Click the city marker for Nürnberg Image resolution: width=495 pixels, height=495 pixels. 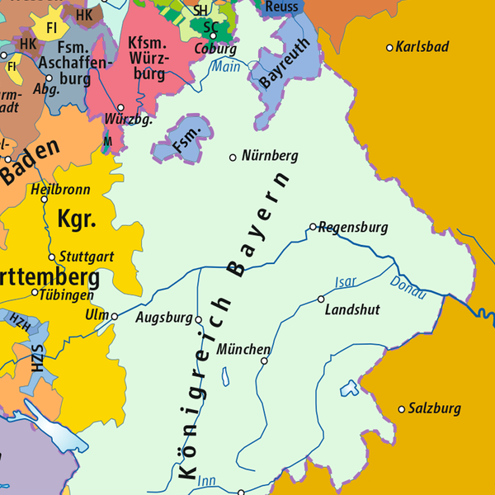pos(233,157)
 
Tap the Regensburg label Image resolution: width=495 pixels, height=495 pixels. pos(352,227)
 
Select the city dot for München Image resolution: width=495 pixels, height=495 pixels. pos(265,361)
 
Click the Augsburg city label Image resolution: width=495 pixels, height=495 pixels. pos(163,318)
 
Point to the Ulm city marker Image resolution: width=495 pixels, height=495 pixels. pos(115,316)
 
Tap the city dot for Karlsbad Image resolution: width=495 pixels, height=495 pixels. pos(390,47)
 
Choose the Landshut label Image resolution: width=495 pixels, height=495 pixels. pos(352,310)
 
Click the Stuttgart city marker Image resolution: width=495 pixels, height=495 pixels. pos(52,257)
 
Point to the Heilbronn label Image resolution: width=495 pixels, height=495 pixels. pos(57,188)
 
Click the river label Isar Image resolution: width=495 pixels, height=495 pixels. pos(346,282)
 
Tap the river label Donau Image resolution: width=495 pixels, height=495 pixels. pos(407,288)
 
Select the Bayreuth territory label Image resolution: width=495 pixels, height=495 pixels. pos(277,62)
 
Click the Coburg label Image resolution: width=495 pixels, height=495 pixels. pos(216,49)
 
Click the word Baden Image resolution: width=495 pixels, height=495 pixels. pos(31,162)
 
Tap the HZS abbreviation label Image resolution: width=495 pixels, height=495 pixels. pos(37,361)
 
